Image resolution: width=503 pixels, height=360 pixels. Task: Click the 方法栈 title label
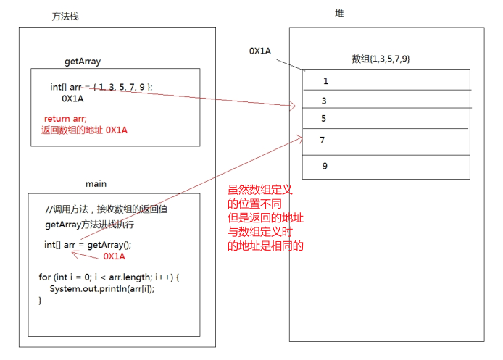66,16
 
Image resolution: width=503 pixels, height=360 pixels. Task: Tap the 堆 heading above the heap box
339,13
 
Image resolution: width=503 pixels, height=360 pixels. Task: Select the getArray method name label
83,62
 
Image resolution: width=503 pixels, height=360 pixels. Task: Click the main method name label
96,183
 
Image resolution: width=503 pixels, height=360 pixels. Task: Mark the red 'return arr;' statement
65,118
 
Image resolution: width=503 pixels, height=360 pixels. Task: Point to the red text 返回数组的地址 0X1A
84,130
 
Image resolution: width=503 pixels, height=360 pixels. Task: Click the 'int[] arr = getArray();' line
88,245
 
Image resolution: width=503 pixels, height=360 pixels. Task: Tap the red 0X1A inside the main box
115,256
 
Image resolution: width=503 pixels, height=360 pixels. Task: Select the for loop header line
108,277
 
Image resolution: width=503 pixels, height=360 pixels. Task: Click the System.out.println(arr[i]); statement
102,289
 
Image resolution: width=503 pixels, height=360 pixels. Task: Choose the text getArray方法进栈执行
90,225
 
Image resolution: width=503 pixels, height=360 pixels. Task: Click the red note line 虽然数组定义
260,189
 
